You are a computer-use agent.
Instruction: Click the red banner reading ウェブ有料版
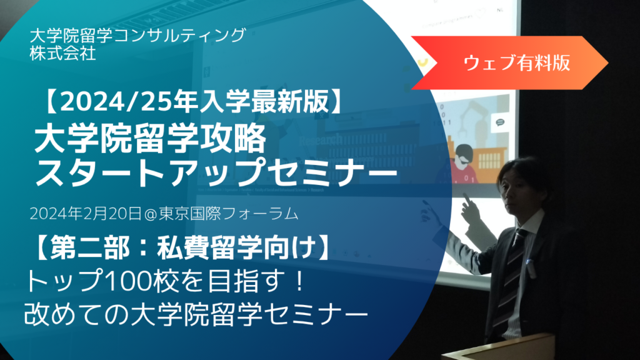[509, 63]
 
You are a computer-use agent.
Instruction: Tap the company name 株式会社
[63, 54]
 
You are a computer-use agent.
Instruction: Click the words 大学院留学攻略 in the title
[151, 139]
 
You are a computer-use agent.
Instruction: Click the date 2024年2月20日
[86, 214]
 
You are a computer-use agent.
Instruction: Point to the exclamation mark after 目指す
[301, 282]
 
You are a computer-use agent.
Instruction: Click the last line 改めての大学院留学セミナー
[196, 314]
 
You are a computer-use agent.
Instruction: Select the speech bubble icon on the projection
[499, 122]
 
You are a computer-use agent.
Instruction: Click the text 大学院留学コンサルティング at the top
[138, 36]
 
